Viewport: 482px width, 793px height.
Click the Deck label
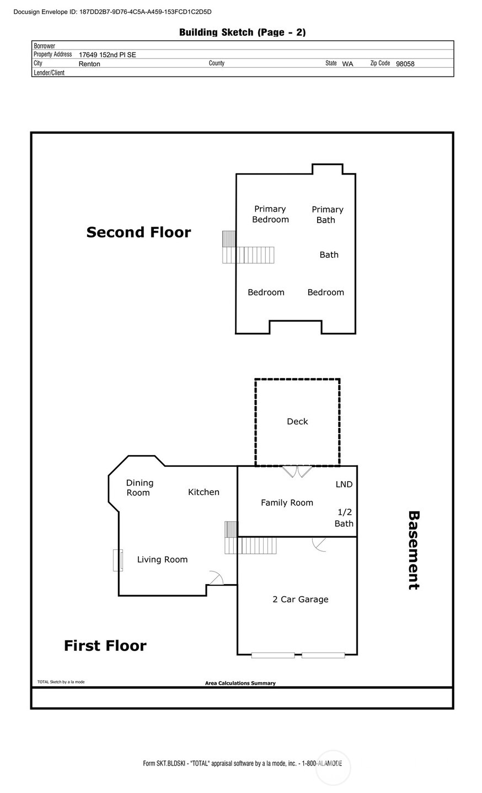pyautogui.click(x=297, y=422)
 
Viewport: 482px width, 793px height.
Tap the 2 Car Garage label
pyautogui.click(x=300, y=599)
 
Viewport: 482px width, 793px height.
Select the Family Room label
pyautogui.click(x=287, y=503)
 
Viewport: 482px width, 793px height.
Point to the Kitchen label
pyautogui.click(x=203, y=492)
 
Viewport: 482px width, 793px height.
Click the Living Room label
pyautogui.click(x=162, y=559)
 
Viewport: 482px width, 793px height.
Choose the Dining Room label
pyautogui.click(x=140, y=488)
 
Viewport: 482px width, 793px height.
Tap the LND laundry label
pyautogui.click(x=344, y=484)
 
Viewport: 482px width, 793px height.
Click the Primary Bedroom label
pyautogui.click(x=270, y=214)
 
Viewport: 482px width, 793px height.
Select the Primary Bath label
pyautogui.click(x=327, y=214)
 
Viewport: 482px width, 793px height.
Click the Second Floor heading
pyautogui.click(x=138, y=233)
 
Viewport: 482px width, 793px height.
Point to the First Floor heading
pyautogui.click(x=105, y=645)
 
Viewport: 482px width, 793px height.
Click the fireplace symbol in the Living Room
pyautogui.click(x=117, y=560)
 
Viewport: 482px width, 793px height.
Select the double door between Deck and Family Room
pyautogui.click(x=297, y=471)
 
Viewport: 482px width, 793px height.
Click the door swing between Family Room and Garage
pyautogui.click(x=319, y=543)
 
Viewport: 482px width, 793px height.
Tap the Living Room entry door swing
pyautogui.click(x=216, y=578)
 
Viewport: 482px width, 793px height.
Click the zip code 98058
pyautogui.click(x=405, y=64)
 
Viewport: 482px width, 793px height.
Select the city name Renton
pyautogui.click(x=89, y=64)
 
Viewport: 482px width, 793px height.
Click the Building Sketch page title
pyautogui.click(x=242, y=33)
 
